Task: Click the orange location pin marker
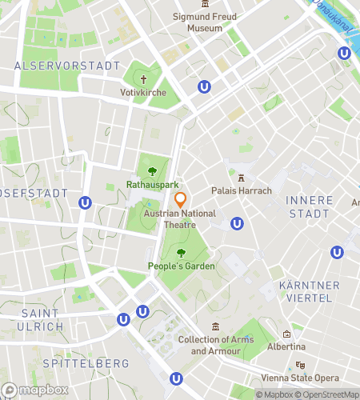tap(180, 199)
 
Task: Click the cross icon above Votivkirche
tap(144, 79)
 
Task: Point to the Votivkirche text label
tap(144, 92)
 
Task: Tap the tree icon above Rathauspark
tap(153, 170)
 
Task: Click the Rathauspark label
tap(152, 184)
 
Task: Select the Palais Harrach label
tap(241, 190)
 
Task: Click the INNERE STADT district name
tap(308, 206)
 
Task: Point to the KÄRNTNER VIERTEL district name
tap(309, 291)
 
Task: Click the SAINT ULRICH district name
tap(42, 319)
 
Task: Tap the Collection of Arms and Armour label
tap(216, 346)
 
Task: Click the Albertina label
tap(286, 347)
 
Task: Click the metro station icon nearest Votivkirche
tap(206, 87)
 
